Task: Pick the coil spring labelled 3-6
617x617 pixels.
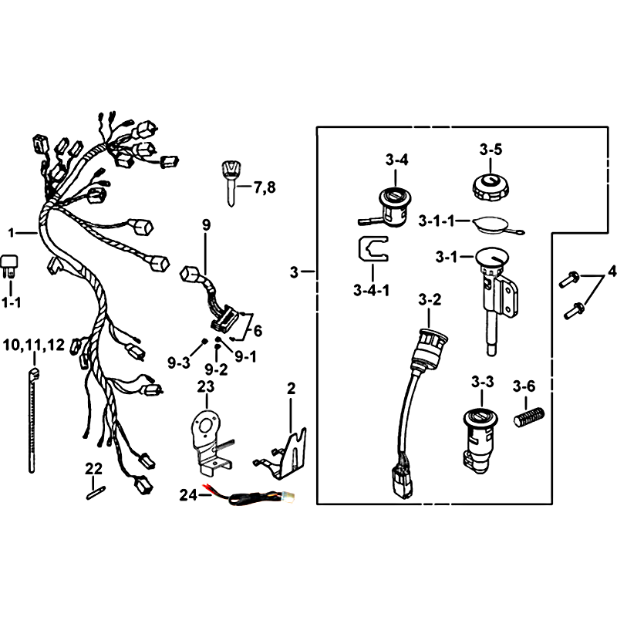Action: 529,416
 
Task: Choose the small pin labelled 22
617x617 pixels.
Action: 96,494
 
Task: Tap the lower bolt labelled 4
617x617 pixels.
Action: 574,311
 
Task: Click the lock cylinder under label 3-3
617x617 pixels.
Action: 480,440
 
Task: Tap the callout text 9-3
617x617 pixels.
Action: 179,362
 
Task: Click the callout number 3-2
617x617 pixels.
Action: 430,300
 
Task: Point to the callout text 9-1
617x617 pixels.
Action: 245,356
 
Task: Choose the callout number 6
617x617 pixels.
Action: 258,331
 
